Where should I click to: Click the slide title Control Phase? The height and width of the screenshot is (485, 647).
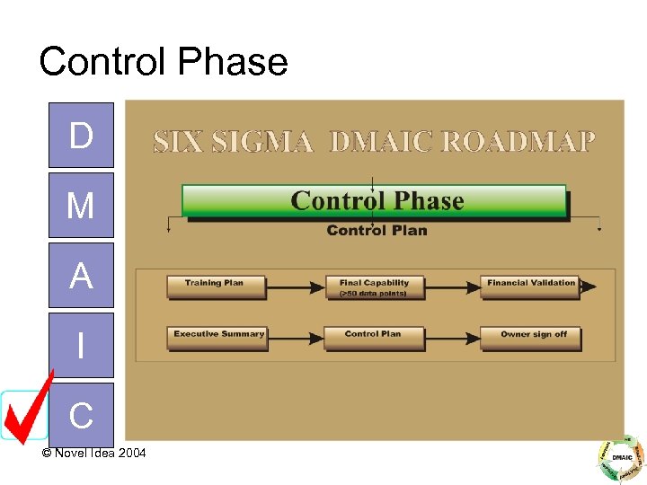pyautogui.click(x=163, y=62)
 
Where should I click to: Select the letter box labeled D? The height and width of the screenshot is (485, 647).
pyautogui.click(x=81, y=136)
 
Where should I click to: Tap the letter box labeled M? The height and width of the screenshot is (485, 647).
pyautogui.click(x=81, y=206)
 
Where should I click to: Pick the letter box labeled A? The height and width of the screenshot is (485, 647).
pyautogui.click(x=81, y=276)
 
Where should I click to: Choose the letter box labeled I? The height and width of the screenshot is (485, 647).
pyautogui.click(x=81, y=345)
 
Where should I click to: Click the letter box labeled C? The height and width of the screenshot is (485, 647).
pyautogui.click(x=81, y=415)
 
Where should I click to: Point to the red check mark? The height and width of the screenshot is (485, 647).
pyautogui.click(x=27, y=409)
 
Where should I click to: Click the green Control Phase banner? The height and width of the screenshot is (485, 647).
pyautogui.click(x=375, y=201)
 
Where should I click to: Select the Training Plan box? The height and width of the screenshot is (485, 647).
pyautogui.click(x=216, y=286)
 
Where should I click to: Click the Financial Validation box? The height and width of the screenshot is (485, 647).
pyautogui.click(x=530, y=286)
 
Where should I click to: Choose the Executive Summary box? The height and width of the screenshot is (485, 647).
pyautogui.click(x=217, y=337)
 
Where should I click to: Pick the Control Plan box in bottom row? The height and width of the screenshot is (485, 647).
pyautogui.click(x=373, y=337)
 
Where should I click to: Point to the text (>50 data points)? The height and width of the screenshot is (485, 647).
pyautogui.click(x=373, y=294)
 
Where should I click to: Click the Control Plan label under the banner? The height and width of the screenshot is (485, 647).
pyautogui.click(x=377, y=231)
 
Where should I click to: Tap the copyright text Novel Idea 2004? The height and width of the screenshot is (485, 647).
pyautogui.click(x=93, y=453)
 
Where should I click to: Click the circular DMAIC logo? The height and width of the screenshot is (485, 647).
pyautogui.click(x=621, y=458)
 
